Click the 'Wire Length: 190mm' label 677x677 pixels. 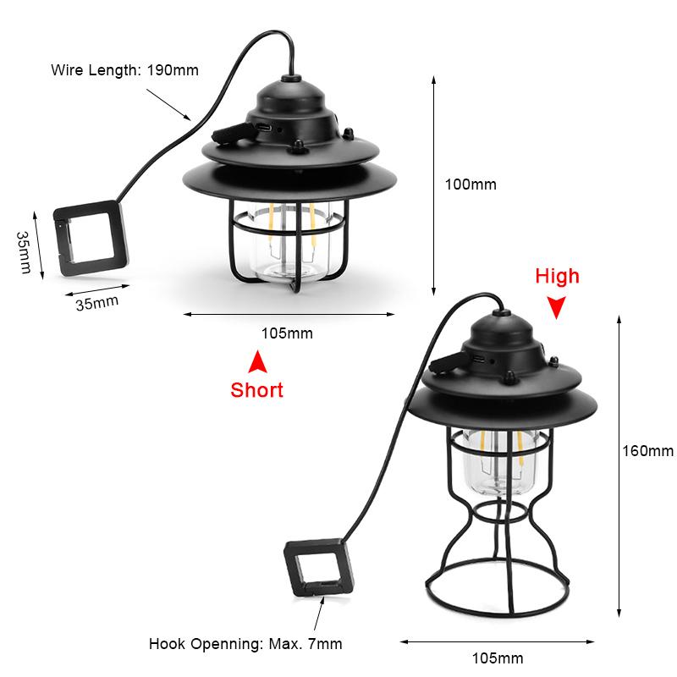(125, 70)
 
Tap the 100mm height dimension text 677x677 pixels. (471, 184)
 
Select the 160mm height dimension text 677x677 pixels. (647, 450)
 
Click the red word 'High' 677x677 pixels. (557, 276)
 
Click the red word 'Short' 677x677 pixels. (256, 390)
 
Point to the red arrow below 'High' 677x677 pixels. (556, 307)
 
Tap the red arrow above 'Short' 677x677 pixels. (256, 362)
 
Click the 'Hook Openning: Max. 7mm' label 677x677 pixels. (245, 644)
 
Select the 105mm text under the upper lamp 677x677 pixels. (286, 333)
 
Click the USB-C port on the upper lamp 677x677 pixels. (268, 127)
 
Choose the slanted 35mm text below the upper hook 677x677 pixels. (97, 299)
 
